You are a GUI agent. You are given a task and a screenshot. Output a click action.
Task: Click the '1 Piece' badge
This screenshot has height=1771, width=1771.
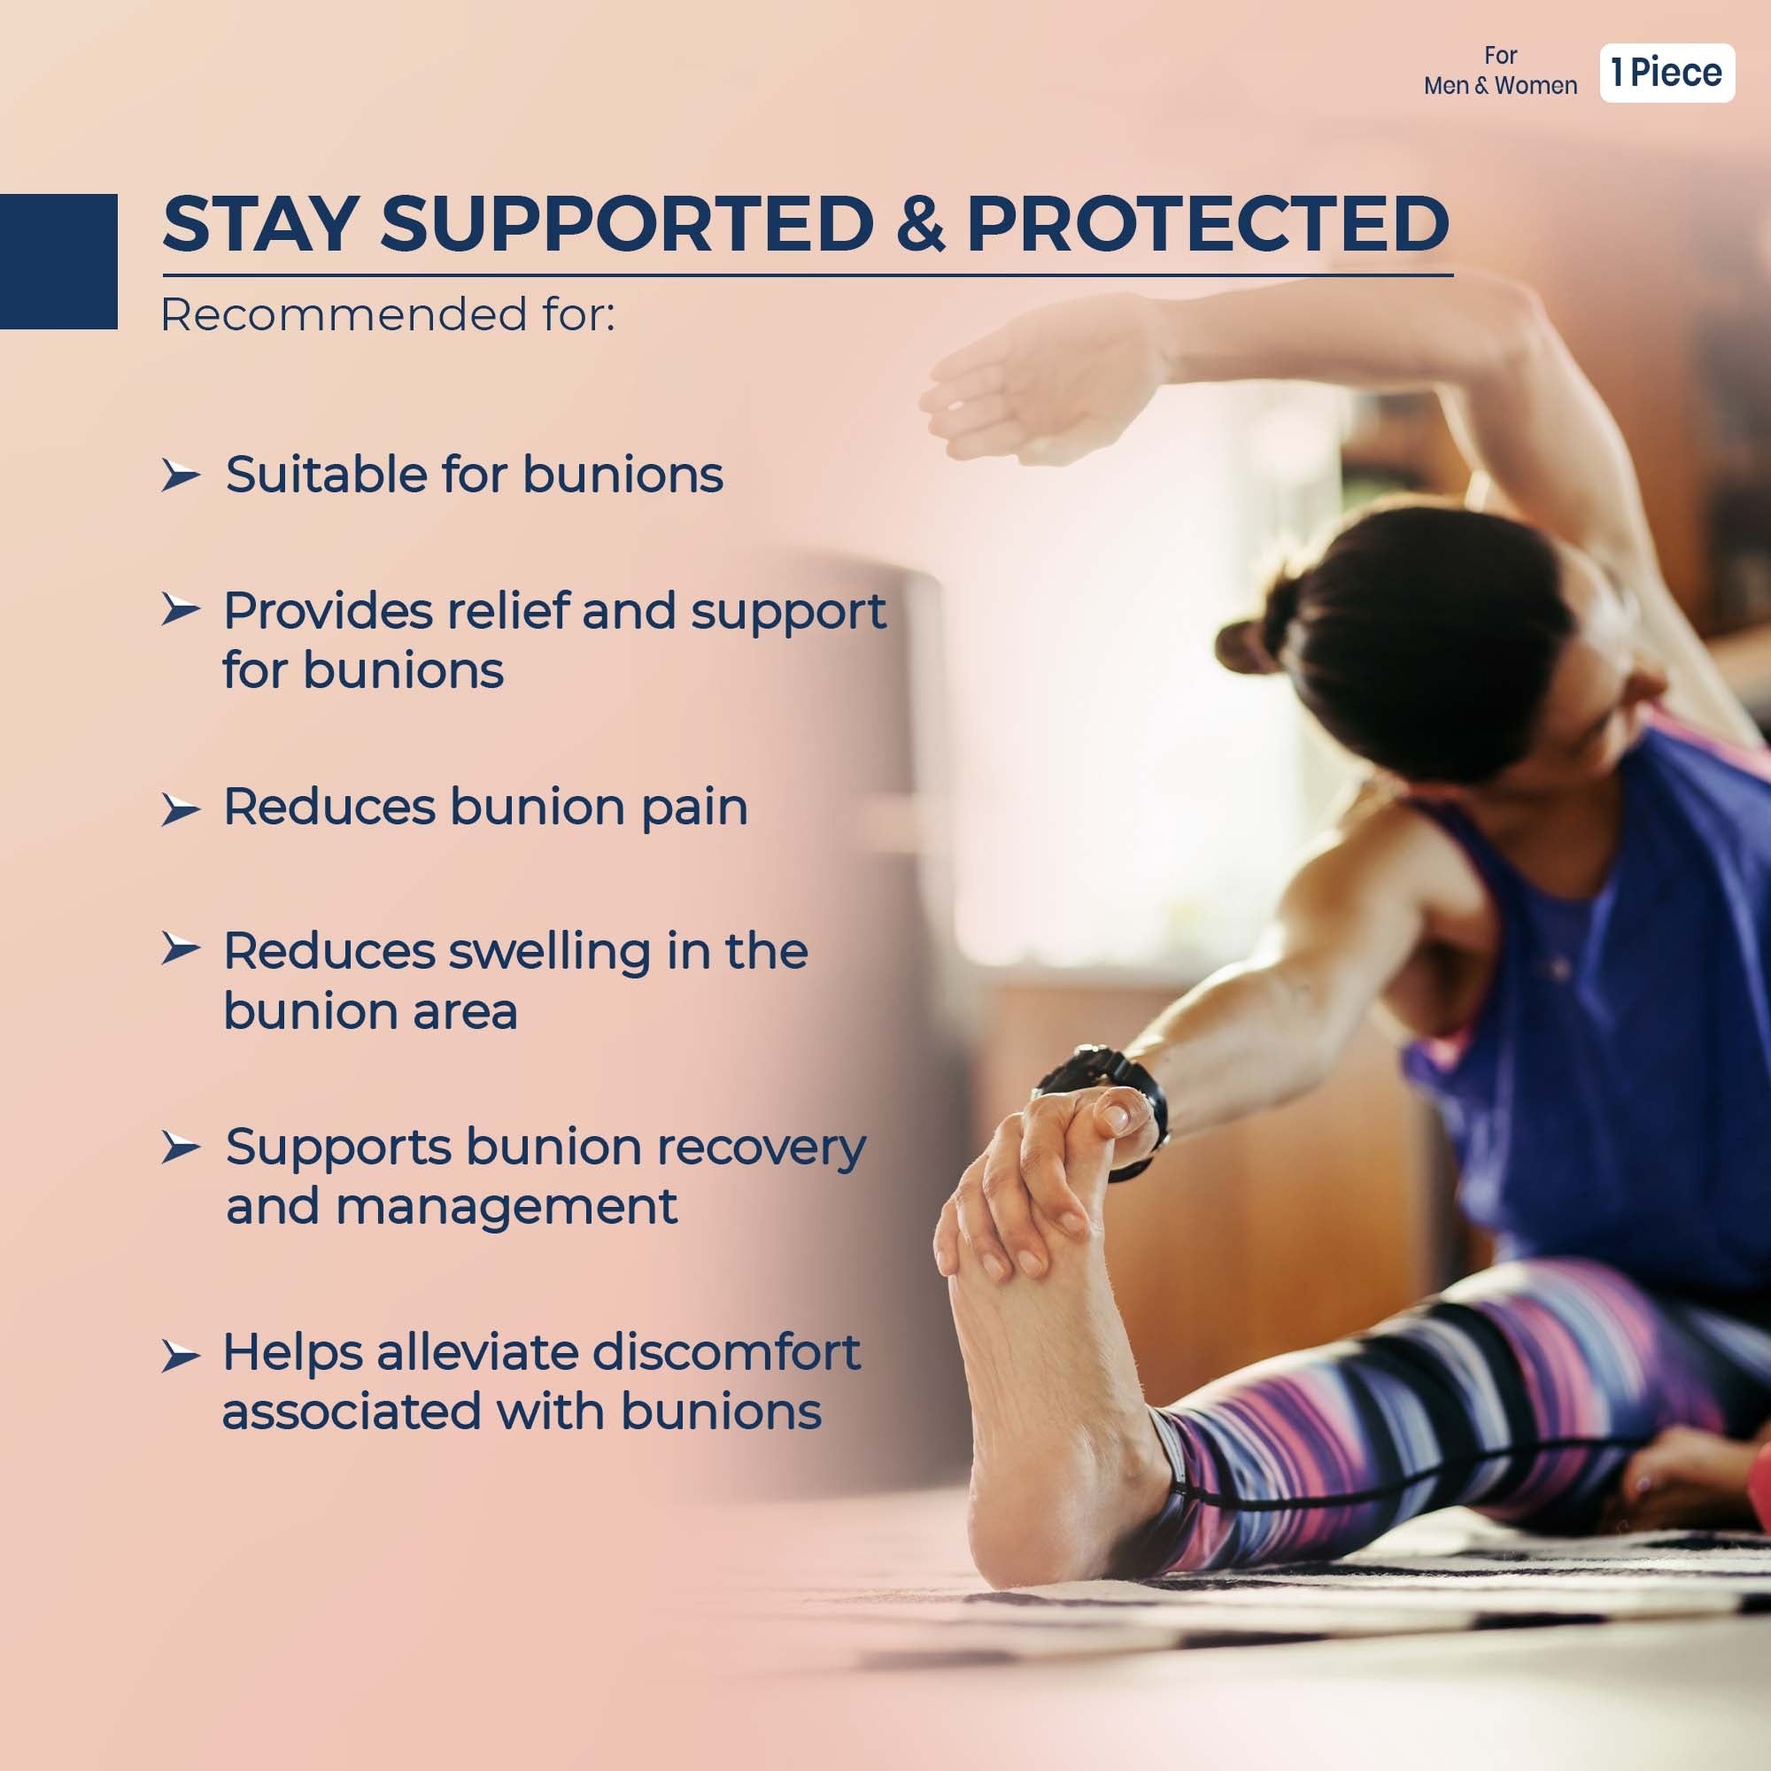tap(1667, 73)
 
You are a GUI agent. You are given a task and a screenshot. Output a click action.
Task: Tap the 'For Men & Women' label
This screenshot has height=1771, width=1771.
tap(1501, 71)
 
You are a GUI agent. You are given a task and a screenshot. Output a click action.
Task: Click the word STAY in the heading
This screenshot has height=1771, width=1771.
tap(260, 224)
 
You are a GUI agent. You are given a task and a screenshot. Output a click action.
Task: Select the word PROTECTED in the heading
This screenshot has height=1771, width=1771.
tap(1208, 224)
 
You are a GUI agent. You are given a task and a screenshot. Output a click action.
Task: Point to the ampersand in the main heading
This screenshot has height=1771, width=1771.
tap(920, 224)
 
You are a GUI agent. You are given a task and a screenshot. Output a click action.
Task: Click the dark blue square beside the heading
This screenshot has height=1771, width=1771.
tap(58, 261)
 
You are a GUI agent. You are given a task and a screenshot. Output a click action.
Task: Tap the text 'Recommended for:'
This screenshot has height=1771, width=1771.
tap(388, 314)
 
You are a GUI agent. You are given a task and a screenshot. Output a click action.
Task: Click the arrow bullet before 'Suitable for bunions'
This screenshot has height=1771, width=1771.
tap(181, 476)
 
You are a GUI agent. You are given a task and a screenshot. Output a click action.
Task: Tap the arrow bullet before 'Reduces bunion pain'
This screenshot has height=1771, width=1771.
tap(181, 810)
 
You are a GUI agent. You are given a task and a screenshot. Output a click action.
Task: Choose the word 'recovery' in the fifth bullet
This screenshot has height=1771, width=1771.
tap(762, 1148)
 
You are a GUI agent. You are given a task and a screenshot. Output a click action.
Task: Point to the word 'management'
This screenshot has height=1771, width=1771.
tap(507, 1209)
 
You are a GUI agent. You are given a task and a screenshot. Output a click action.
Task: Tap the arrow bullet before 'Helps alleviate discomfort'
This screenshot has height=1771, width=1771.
tap(181, 1357)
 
